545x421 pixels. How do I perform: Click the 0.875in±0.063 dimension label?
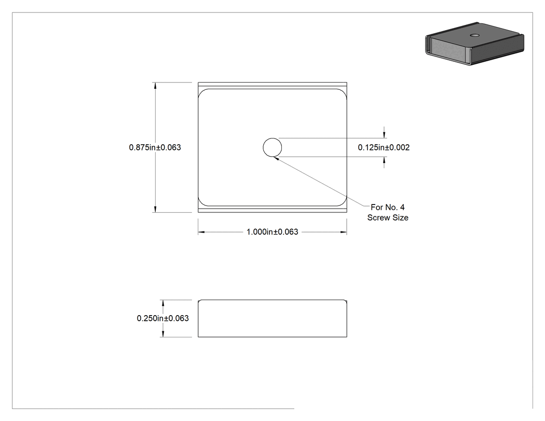point(155,147)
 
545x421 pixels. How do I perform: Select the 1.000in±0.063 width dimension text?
point(272,232)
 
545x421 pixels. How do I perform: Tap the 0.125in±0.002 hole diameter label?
point(384,147)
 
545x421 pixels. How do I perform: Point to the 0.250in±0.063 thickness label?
point(162,318)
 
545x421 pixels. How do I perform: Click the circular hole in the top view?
point(272,147)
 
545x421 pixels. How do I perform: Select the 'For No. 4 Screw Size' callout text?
point(388,212)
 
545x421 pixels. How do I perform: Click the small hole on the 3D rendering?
point(474,35)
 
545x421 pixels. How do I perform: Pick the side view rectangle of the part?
point(272,318)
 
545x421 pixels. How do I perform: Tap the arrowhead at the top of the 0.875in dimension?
point(155,86)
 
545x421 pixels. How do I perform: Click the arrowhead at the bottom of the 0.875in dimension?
point(155,209)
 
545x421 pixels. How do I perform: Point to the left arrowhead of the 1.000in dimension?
point(201,232)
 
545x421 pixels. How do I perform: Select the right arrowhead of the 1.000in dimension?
point(344,232)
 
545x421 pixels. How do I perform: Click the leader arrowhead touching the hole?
point(277,158)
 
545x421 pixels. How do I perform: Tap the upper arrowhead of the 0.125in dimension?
point(384,135)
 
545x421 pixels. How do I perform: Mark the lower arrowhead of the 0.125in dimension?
point(384,160)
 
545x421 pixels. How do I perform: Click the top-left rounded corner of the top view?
point(201,92)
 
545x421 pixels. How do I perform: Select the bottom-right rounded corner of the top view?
point(344,202)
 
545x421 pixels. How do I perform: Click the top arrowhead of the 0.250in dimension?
point(163,303)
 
